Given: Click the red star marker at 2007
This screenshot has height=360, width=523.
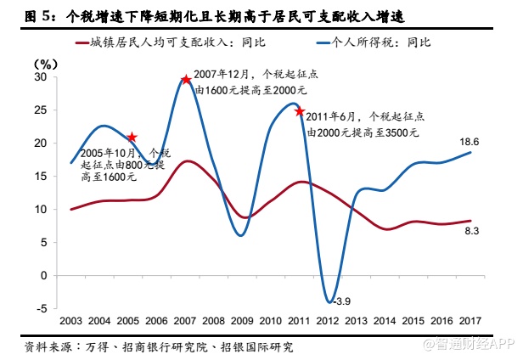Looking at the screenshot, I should click(185, 80).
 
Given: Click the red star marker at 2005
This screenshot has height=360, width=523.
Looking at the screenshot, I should click(132, 137).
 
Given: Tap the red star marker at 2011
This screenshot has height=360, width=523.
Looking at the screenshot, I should click(300, 111).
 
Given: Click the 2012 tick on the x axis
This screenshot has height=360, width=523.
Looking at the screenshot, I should click(327, 320).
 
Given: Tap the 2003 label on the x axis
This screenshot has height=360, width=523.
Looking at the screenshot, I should click(71, 320).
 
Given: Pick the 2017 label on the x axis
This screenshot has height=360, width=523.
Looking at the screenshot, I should click(470, 320).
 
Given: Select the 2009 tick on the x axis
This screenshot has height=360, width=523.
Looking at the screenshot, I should click(242, 320).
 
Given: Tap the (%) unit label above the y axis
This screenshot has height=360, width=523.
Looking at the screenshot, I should click(45, 64).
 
